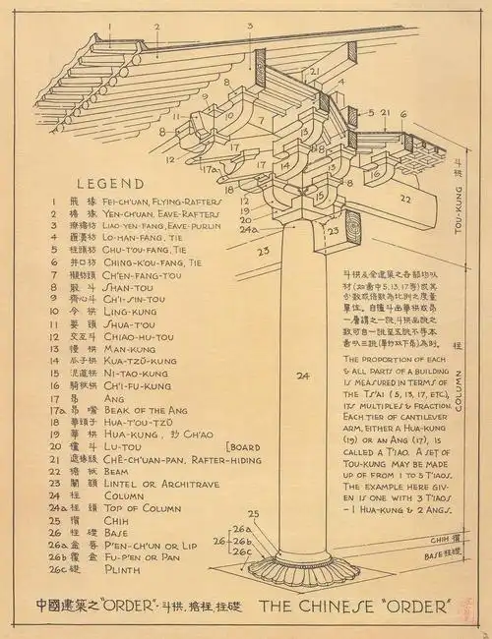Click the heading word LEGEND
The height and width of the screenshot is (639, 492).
tap(109, 183)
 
